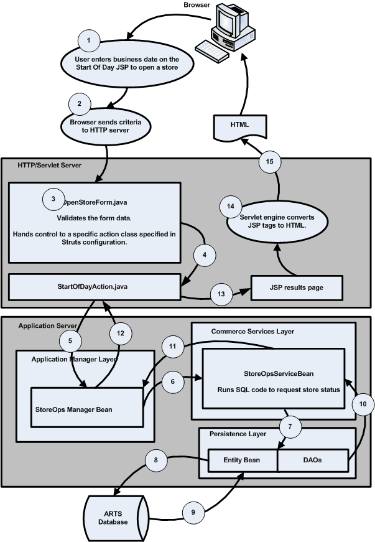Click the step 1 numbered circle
(x=89, y=40)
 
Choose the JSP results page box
(x=297, y=287)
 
